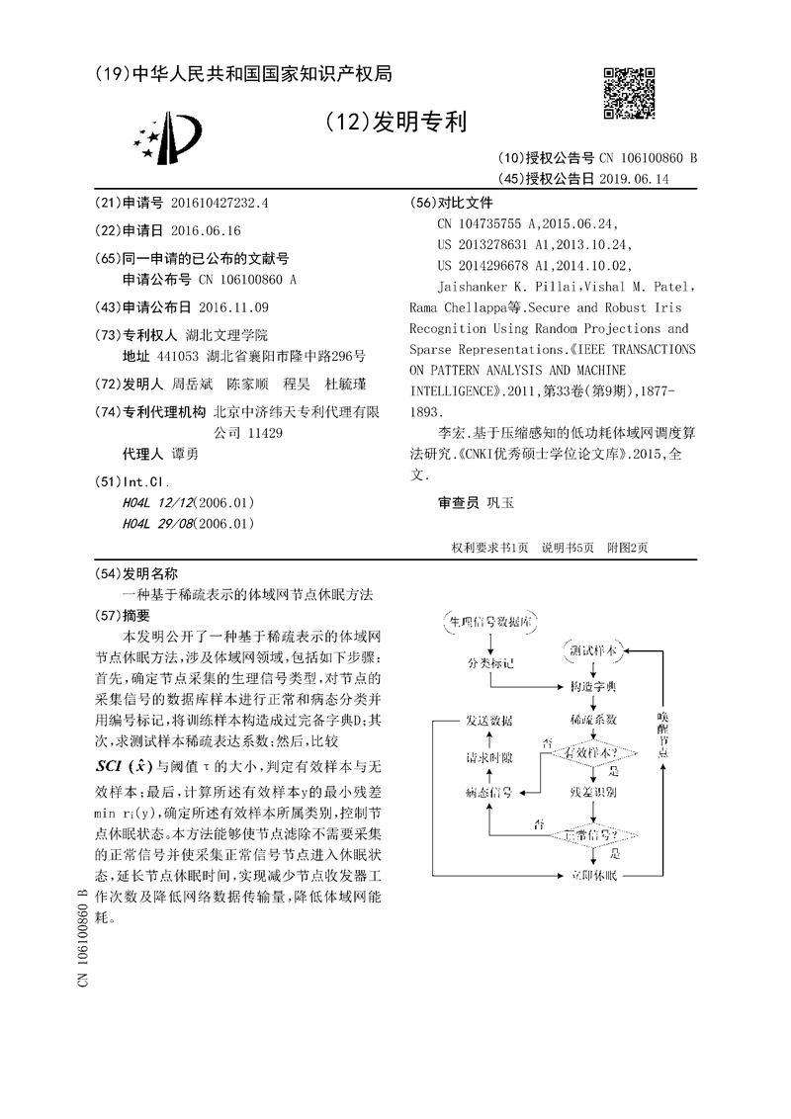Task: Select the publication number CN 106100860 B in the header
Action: (x=647, y=158)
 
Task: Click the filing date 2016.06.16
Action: (x=205, y=229)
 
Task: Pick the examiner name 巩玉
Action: (x=500, y=502)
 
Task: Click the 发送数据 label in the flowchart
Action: (x=489, y=720)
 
